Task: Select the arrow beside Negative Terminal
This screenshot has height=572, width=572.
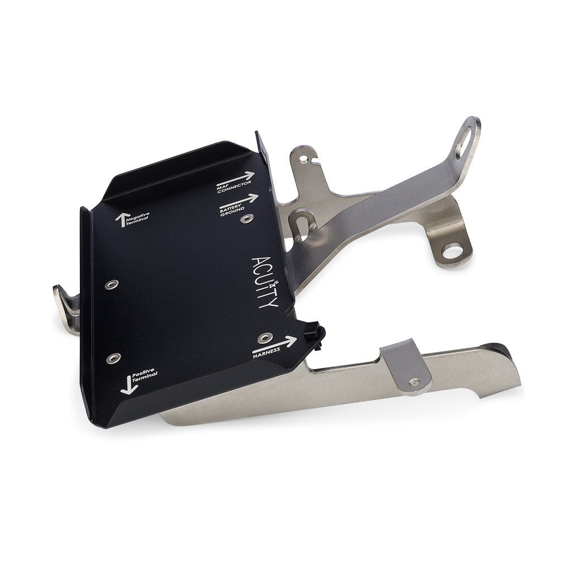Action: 120,220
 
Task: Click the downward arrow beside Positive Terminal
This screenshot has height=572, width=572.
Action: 127,385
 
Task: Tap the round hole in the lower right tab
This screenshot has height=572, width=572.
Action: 451,251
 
